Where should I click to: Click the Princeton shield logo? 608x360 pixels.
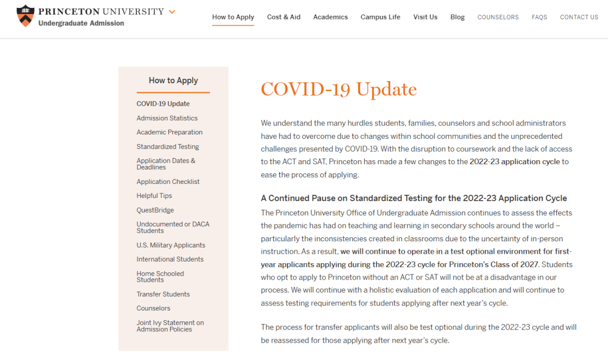point(25,16)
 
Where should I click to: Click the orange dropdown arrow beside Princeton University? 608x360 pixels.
point(172,12)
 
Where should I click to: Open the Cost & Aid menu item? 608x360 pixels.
point(284,17)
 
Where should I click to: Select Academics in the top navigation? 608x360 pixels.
point(330,17)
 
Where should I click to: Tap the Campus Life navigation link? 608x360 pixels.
point(381,17)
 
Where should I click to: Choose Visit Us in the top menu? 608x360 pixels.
point(425,17)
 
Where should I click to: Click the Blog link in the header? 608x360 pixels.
point(458,17)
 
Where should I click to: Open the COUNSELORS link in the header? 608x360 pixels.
point(498,17)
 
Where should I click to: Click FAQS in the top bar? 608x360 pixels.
point(539,17)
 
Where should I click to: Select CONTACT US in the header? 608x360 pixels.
point(579,17)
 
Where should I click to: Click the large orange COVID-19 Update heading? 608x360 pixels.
point(339,89)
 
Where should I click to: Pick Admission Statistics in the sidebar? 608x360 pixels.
point(167,118)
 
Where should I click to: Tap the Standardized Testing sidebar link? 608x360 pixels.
point(168,147)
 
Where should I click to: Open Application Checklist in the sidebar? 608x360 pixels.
point(168,182)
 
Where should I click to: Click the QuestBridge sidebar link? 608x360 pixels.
point(155,210)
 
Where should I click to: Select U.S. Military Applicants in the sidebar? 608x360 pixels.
point(171,245)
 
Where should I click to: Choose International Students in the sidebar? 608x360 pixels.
point(170,259)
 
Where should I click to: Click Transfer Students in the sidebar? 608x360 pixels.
point(163,294)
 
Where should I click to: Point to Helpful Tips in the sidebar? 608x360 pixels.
point(154,196)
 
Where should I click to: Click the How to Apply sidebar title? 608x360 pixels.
point(173,80)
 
